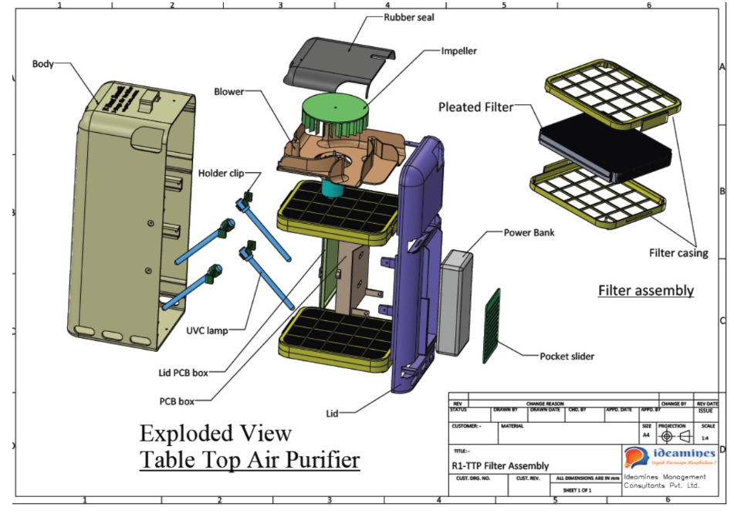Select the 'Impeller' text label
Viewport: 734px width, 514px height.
pos(458,51)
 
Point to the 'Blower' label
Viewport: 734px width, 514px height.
pos(228,92)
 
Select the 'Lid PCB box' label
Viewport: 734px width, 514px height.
pos(178,373)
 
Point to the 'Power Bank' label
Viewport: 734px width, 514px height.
pos(530,232)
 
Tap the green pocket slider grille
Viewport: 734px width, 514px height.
pos(492,325)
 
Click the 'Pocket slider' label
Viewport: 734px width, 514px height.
pos(567,356)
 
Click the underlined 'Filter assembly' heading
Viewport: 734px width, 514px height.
pos(645,291)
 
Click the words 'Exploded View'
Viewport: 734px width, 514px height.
pos(215,432)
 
